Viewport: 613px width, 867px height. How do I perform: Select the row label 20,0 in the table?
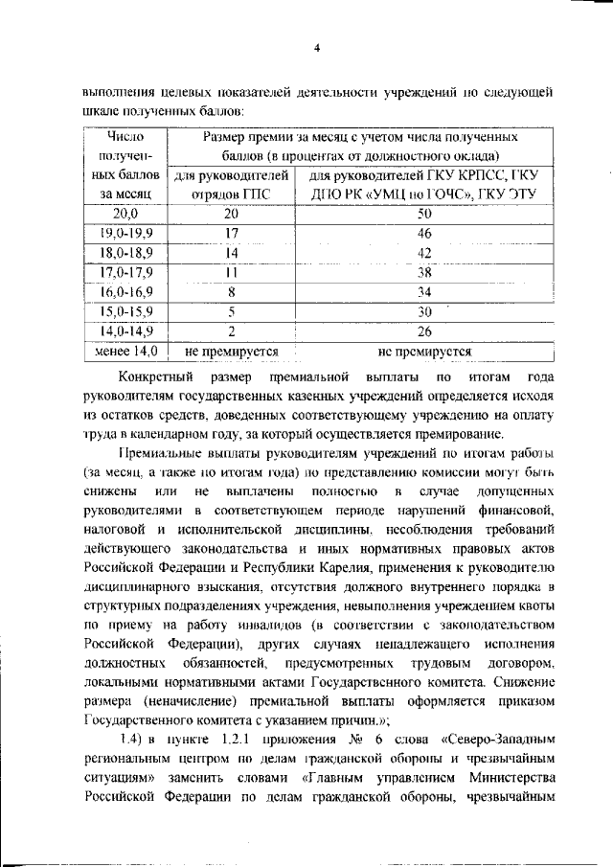click(125, 214)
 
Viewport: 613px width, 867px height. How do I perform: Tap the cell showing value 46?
click(424, 233)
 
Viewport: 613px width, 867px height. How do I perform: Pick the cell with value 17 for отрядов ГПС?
click(231, 233)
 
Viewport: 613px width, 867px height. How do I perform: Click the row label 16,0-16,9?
click(125, 292)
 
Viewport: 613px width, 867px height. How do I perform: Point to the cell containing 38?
click(424, 272)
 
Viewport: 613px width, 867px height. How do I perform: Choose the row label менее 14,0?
click(125, 352)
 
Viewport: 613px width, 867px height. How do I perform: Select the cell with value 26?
click(424, 331)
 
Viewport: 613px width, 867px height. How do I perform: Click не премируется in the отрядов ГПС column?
click(231, 352)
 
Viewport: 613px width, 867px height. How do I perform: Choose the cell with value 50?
click(424, 214)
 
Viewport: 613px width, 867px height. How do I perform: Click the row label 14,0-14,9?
click(125, 331)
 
